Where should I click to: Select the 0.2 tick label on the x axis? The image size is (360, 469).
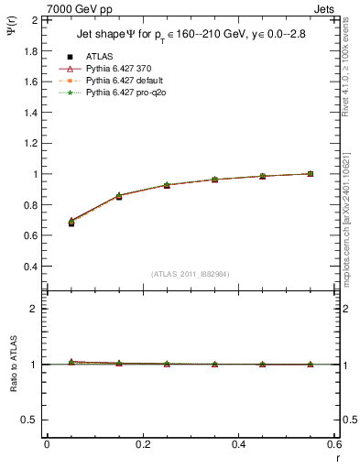pyautogui.click(x=142, y=444)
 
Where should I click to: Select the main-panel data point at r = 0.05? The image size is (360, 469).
pyautogui.click(x=71, y=222)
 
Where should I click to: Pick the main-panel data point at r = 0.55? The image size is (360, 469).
pyautogui.click(x=311, y=173)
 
